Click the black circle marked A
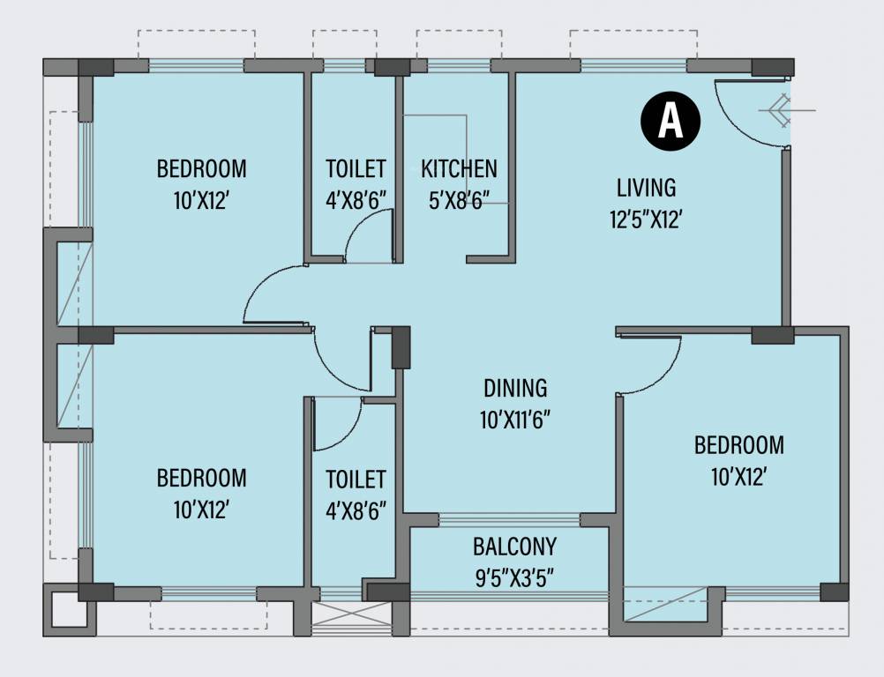pyautogui.click(x=670, y=121)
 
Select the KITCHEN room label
pyautogui.click(x=459, y=168)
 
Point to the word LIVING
pyautogui.click(x=646, y=187)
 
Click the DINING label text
pyautogui.click(x=515, y=388)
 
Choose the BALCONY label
pyautogui.click(x=514, y=547)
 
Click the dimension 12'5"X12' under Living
pyautogui.click(x=646, y=219)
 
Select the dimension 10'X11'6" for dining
pyautogui.click(x=515, y=420)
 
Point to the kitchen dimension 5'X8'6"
pyautogui.click(x=459, y=201)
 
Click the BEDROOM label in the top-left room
pyautogui.click(x=201, y=168)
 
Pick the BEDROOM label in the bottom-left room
pyautogui.click(x=201, y=479)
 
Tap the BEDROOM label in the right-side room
pyautogui.click(x=738, y=445)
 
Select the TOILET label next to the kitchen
pyautogui.click(x=356, y=168)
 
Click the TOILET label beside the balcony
pyautogui.click(x=356, y=479)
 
